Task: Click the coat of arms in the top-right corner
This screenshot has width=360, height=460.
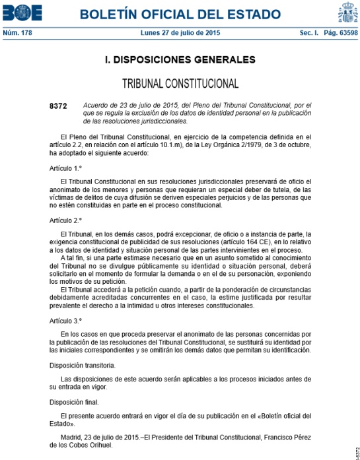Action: point(347,13)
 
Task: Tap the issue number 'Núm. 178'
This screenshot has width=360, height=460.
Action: point(18,32)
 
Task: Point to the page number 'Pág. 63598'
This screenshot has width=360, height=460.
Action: point(340,32)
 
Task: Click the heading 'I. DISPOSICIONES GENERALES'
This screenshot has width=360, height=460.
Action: point(180,60)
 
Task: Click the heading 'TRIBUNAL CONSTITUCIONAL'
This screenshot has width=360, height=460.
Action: point(180,84)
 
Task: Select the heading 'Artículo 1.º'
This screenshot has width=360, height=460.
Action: point(69,168)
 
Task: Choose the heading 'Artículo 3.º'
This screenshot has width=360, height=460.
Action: point(69,320)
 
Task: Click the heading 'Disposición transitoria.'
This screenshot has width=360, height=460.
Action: point(83,364)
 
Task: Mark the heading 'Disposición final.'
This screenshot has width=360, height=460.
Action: point(74,401)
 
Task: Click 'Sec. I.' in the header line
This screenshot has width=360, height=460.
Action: point(310,32)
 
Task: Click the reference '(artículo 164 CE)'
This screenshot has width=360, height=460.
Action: point(241,242)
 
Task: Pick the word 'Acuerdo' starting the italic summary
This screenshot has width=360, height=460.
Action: point(94,106)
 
